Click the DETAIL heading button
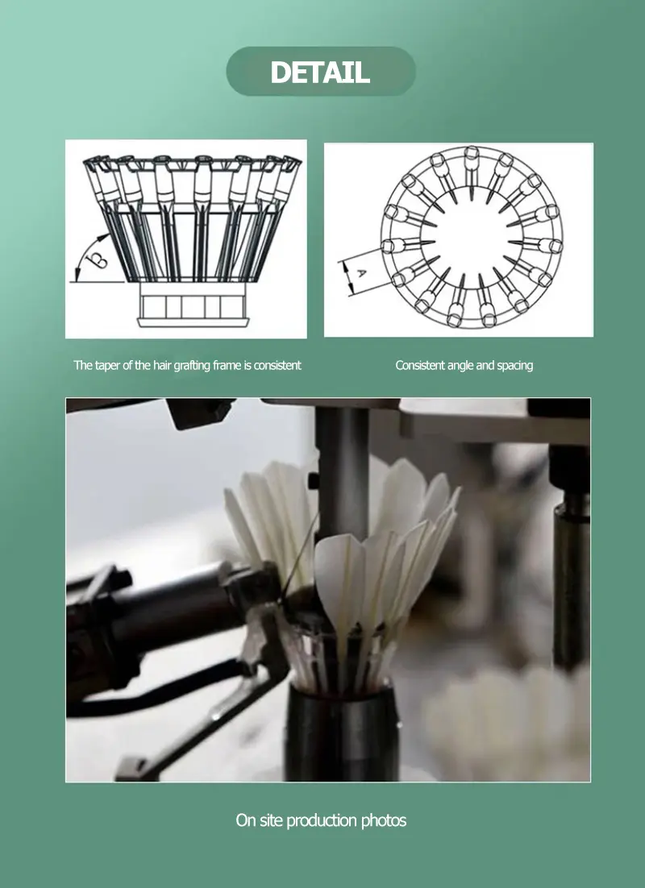tap(321, 72)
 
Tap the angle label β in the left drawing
tap(98, 259)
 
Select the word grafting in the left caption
tap(192, 366)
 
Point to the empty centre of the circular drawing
tap(472, 236)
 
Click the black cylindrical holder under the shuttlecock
tap(341, 731)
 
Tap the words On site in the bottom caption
tap(259, 820)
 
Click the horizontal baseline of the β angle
tap(97, 281)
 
